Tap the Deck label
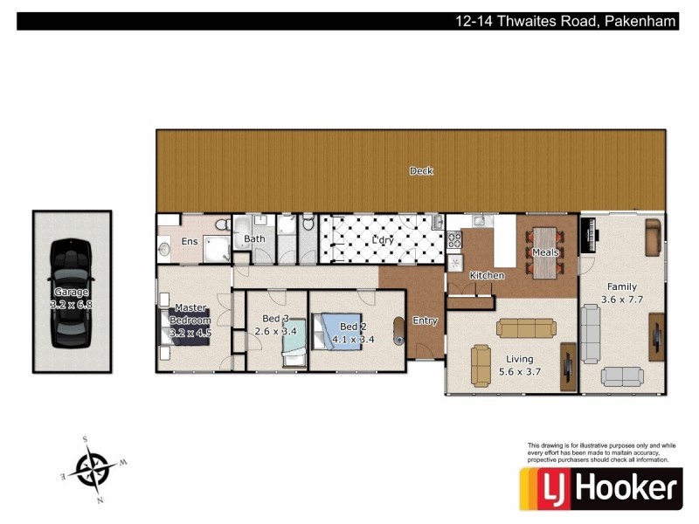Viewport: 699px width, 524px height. click(x=421, y=171)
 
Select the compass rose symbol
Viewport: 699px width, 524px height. click(x=92, y=469)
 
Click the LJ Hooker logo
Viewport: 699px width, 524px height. click(x=600, y=487)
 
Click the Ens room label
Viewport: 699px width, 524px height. click(x=190, y=240)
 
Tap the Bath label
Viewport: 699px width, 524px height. click(x=254, y=238)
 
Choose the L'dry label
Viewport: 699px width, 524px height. click(x=382, y=239)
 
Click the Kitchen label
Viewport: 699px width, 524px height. click(x=487, y=276)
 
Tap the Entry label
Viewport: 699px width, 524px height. click(x=425, y=321)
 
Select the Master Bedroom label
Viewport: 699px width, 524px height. click(x=190, y=320)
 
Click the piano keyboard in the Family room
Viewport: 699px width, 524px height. click(x=590, y=231)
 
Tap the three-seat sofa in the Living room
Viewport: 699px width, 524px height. click(x=525, y=328)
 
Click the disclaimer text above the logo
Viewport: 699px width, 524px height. click(x=601, y=452)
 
